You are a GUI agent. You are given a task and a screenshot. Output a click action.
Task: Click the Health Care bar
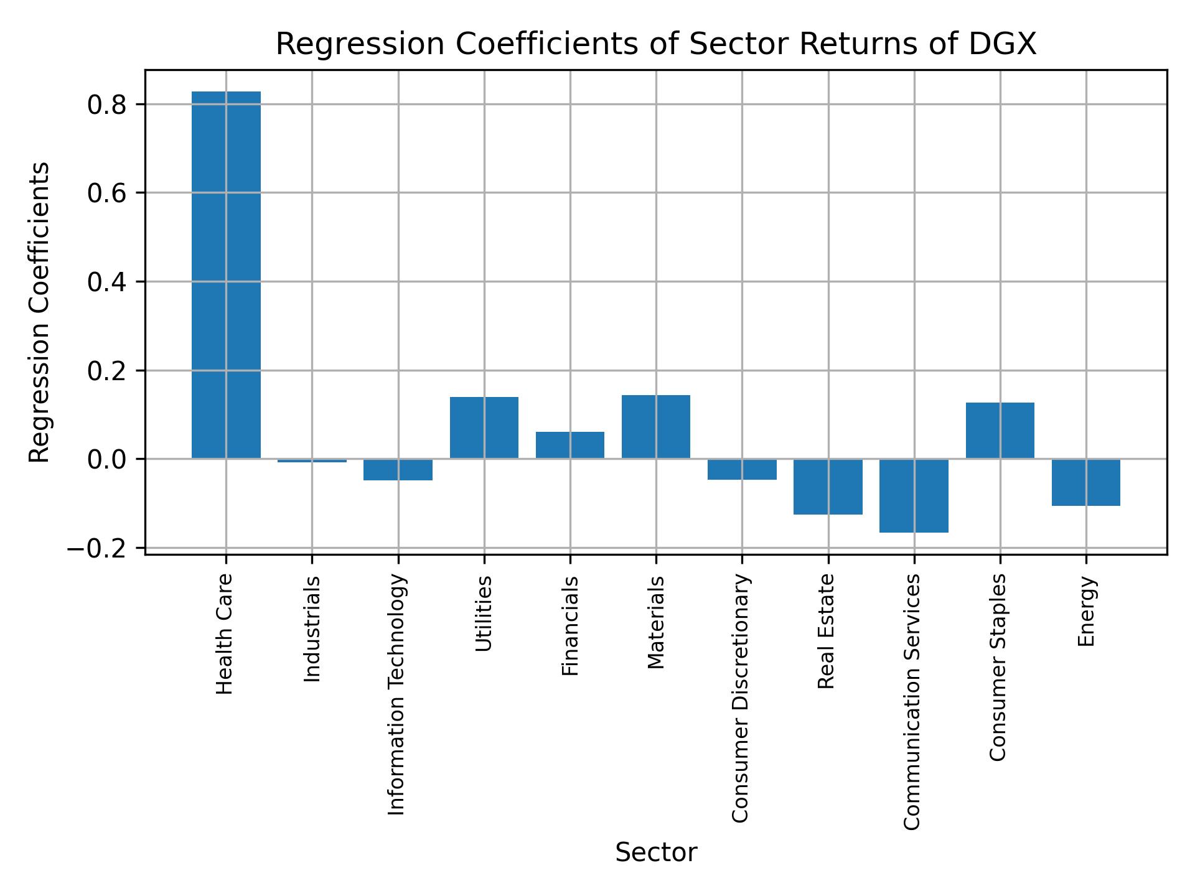coord(226,275)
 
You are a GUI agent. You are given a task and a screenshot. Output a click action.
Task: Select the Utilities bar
coord(484,427)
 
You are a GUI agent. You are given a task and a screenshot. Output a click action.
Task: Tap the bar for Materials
coord(656,427)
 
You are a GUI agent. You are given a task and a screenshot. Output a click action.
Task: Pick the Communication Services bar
coord(914,496)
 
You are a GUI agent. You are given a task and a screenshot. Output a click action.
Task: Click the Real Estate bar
coord(828,487)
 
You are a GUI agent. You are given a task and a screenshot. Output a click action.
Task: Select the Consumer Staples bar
coord(1000,431)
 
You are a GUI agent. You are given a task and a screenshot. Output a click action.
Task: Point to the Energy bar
coord(1086,482)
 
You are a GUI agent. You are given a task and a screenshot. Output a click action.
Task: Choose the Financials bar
coord(570,445)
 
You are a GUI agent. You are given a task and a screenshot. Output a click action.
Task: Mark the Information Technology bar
coord(398,470)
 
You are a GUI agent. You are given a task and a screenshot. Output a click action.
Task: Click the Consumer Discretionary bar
coord(742,469)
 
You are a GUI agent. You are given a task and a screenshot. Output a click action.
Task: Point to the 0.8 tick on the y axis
coord(107,105)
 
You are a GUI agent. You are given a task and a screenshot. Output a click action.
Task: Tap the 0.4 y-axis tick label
coord(107,282)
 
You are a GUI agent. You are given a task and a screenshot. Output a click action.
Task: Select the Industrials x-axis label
coord(312,629)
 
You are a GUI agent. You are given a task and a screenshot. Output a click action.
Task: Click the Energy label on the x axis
coord(1086,612)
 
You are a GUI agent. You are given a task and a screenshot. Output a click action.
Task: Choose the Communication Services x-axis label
coord(912,702)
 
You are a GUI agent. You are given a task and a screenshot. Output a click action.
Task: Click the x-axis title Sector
coord(656,852)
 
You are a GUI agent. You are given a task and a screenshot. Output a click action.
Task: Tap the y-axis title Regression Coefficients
coord(40,312)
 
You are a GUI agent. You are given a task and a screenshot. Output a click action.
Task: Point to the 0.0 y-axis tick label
coord(107,459)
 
